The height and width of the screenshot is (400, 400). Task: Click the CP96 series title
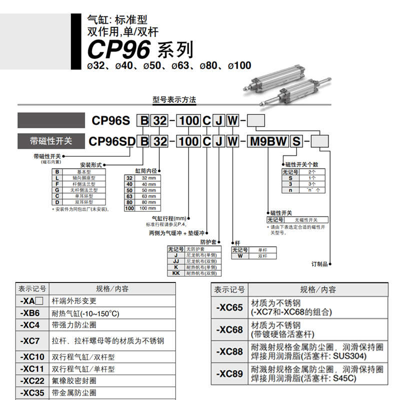[x=139, y=50]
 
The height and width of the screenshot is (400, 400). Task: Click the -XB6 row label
[x=30, y=313]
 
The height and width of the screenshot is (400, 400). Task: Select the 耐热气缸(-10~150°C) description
[x=85, y=313]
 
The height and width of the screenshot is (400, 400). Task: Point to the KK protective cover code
[x=175, y=273]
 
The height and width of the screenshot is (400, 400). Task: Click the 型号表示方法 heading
[x=174, y=99]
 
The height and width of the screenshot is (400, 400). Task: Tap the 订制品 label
[x=319, y=263]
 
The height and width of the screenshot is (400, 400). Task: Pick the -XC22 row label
[x=30, y=381]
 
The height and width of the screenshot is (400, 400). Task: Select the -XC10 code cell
[x=30, y=357]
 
